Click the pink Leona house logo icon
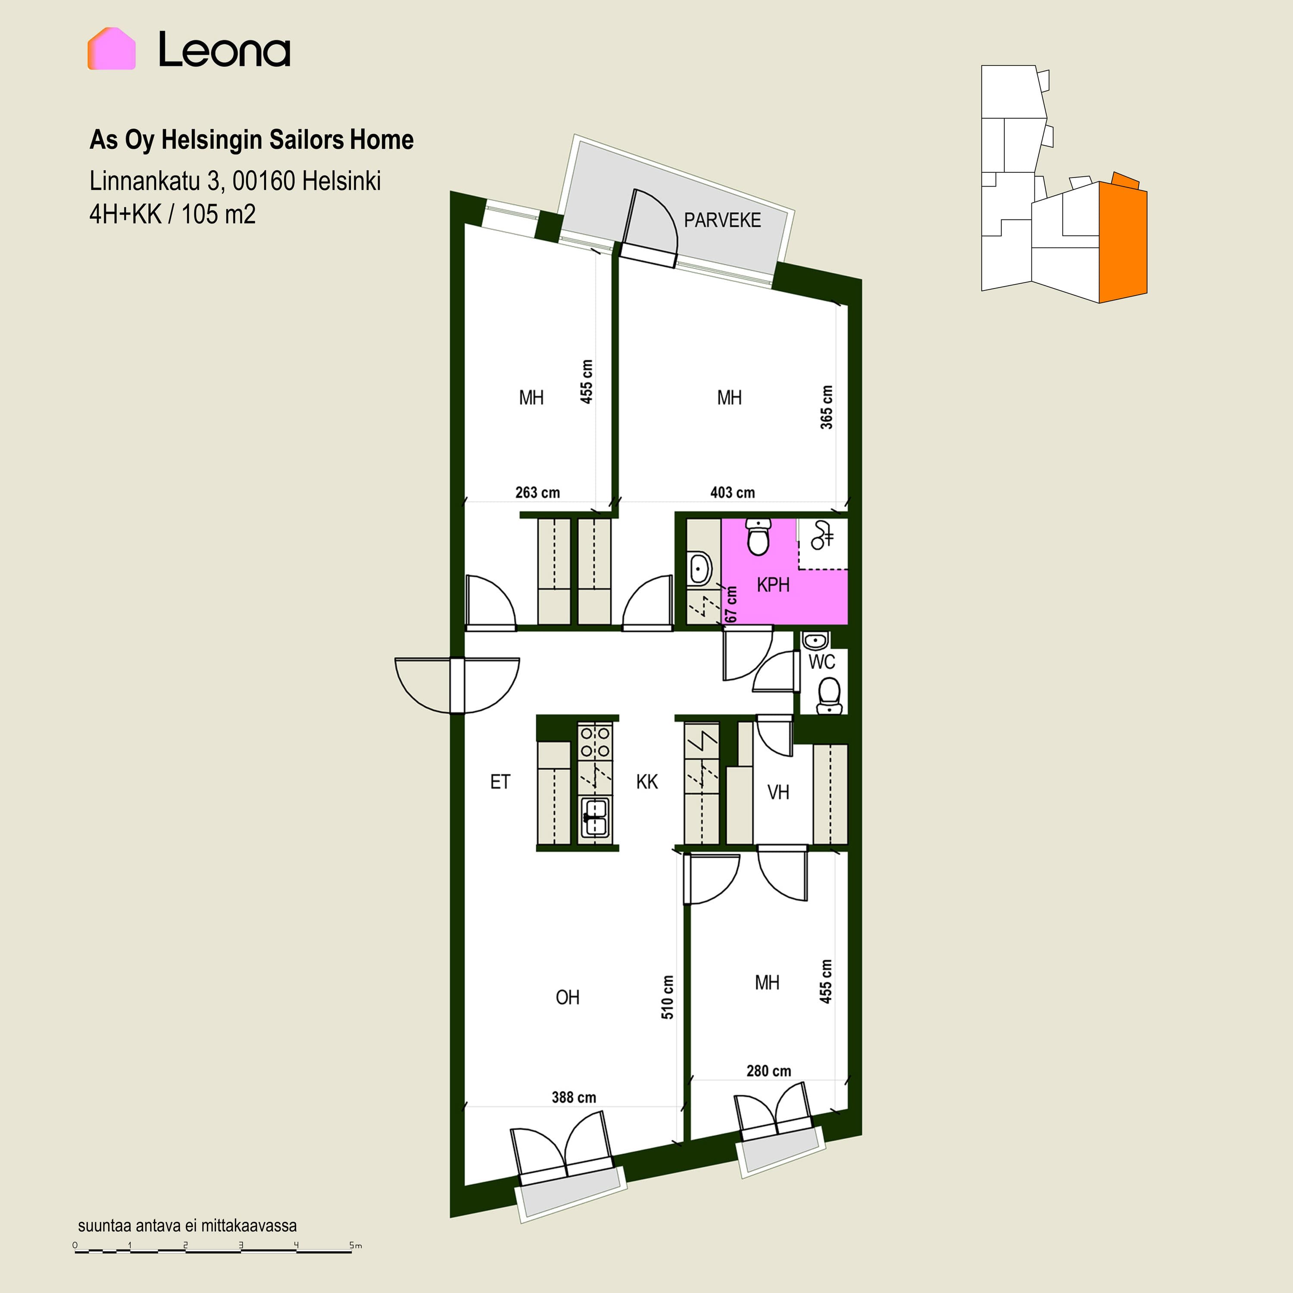tap(112, 48)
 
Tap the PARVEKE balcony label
tap(722, 220)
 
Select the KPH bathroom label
tap(773, 585)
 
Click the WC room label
tap(822, 662)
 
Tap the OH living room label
tap(568, 997)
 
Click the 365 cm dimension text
tap(827, 407)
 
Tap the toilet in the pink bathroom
tap(758, 537)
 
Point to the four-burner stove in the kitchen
tap(595, 741)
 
